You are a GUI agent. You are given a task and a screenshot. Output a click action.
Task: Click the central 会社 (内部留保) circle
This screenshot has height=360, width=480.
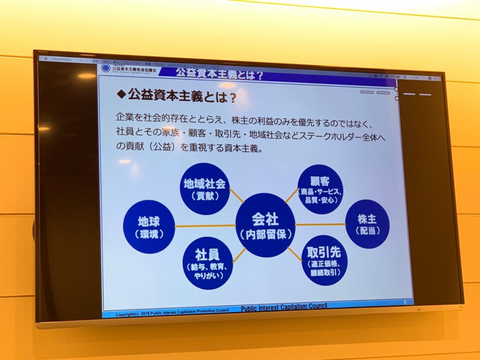coord(265,225)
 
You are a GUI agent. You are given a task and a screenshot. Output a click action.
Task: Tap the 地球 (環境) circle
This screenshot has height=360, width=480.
coord(149,227)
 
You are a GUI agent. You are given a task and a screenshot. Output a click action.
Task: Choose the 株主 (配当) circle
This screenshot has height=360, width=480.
coord(367,224)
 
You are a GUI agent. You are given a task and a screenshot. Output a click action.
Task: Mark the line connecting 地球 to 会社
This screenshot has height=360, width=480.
coord(205,226)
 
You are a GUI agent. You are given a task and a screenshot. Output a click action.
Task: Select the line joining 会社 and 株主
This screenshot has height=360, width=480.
coord(320,225)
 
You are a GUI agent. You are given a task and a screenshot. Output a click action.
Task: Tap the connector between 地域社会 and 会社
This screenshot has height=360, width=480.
coord(236,195)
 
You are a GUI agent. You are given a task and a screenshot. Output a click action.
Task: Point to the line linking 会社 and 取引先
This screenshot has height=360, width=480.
coord(294,254)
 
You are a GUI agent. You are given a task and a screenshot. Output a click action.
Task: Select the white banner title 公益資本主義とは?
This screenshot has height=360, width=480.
coord(219,74)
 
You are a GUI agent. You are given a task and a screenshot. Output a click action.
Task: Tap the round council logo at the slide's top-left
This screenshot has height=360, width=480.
coord(106,68)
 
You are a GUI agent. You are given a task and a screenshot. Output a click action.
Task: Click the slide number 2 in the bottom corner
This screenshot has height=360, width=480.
coord(404,302)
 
